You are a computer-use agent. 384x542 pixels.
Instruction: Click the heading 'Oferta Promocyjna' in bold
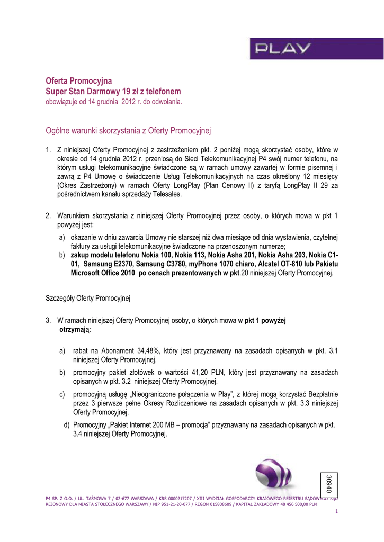pyautogui.click(x=79, y=81)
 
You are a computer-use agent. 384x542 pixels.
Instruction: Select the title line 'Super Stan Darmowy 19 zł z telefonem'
pyautogui.click(x=113, y=91)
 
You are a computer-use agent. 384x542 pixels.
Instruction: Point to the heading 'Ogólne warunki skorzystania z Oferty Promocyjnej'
pyautogui.click(x=129, y=130)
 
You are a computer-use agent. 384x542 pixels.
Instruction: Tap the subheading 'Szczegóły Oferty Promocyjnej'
pyautogui.click(x=88, y=298)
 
